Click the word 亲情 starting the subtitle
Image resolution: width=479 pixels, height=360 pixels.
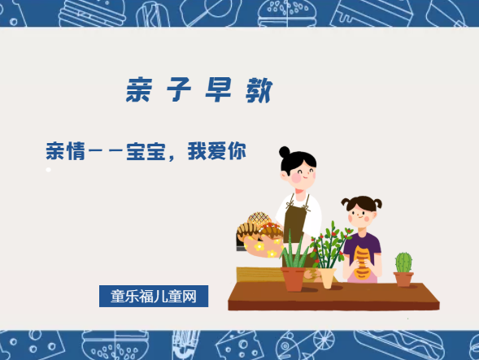pos(66,151)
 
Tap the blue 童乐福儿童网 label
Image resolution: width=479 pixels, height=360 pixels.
pos(154,297)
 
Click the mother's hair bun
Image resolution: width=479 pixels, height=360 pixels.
pos(285,152)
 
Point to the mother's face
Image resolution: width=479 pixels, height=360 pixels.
pos(298,171)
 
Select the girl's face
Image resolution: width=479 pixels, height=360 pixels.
pos(360,213)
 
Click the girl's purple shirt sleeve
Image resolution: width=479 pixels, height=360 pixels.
pos(375,244)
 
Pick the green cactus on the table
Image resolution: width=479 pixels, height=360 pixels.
pos(403,262)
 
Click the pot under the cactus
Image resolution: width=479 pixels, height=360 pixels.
pos(403,279)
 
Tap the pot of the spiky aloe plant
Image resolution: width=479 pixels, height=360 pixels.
pos(293,279)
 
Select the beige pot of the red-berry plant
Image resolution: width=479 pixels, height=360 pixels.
pos(327,277)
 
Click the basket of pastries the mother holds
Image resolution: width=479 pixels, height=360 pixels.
pos(258,234)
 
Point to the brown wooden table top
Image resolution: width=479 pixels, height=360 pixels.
pos(333,296)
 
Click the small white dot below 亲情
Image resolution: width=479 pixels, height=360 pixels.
pos(48,170)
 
